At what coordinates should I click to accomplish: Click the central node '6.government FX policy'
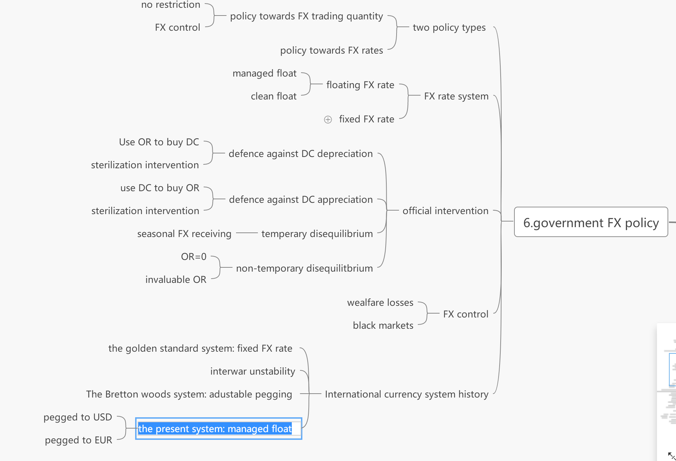[x=591, y=222]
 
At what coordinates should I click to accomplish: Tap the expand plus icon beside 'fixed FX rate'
[x=328, y=120]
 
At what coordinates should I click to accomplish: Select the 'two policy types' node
[x=449, y=28]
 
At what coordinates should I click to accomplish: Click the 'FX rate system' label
[x=456, y=96]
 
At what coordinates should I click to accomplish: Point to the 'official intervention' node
[x=445, y=211]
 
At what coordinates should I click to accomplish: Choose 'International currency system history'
[x=406, y=394]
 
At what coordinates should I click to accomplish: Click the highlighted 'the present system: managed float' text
[x=215, y=429]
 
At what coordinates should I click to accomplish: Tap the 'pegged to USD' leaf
[x=78, y=417]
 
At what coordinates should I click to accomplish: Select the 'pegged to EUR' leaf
[x=78, y=440]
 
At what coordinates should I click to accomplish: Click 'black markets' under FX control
[x=383, y=326]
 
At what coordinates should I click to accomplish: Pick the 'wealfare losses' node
[x=380, y=303]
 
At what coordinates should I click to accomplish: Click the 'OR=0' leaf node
[x=193, y=257]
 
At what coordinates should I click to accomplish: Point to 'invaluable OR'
[x=176, y=280]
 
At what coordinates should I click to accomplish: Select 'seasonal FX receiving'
[x=184, y=234]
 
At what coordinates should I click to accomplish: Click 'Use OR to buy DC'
[x=159, y=142]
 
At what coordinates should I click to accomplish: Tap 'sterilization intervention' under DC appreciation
[x=145, y=211]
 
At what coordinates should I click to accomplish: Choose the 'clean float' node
[x=273, y=96]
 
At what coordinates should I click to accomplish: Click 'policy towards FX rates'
[x=331, y=50]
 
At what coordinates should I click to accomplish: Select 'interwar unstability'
[x=253, y=371]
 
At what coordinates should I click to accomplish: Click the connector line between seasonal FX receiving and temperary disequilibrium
[x=247, y=233]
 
